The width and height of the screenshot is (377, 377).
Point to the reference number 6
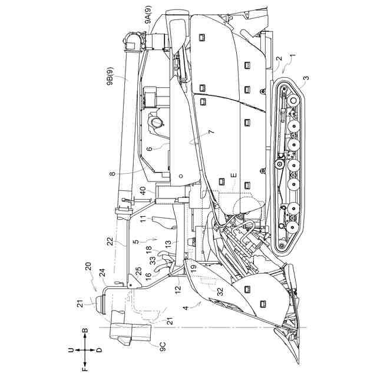coord(150,148)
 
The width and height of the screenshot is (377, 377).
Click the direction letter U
coord(71,349)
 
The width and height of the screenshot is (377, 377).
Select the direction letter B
coord(85,333)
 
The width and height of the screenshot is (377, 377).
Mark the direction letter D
coord(99,350)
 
